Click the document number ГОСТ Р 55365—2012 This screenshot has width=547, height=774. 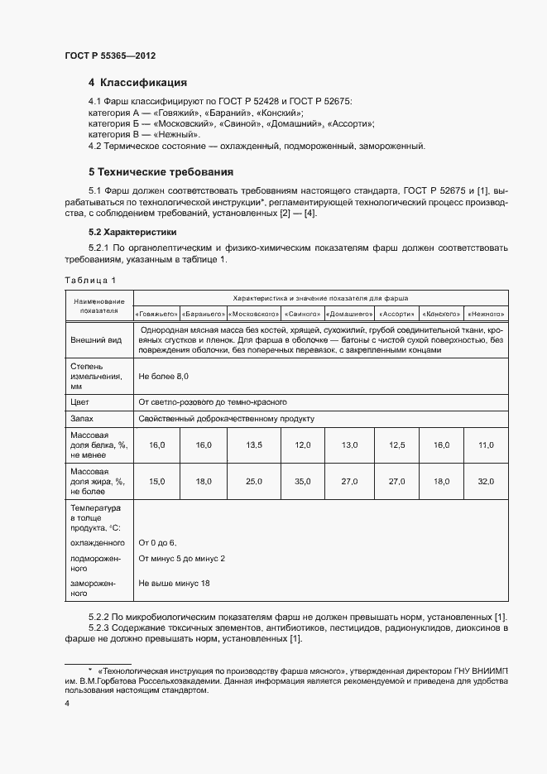tap(110, 55)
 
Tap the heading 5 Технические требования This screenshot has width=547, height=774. tap(161, 172)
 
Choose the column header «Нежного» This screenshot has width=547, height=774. tap(486, 315)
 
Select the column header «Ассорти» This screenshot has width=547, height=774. tap(398, 315)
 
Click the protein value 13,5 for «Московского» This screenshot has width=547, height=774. tap(254, 445)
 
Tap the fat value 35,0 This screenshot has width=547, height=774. tap(302, 481)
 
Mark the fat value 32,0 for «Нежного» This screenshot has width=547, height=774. tap(486, 481)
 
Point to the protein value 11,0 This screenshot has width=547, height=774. tap(486, 445)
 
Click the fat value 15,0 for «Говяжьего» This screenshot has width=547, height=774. tap(157, 481)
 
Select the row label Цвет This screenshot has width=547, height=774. tap(80, 401)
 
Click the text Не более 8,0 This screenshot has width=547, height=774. tap(164, 377)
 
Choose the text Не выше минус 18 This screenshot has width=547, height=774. tap(174, 584)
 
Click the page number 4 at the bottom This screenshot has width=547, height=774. tap(67, 703)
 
